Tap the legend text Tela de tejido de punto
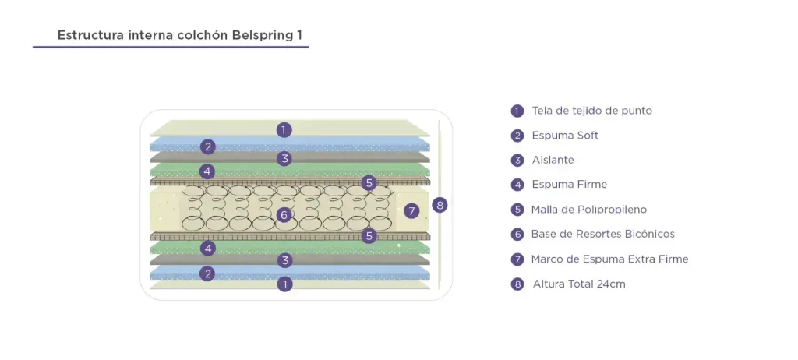tap(591, 111)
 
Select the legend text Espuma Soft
tap(565, 136)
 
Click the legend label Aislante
tap(553, 160)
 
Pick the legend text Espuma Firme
tap(569, 185)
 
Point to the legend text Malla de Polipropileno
tap(588, 210)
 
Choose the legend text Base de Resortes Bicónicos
tap(602, 234)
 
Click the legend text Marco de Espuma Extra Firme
tap(609, 259)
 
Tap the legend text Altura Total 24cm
tap(578, 284)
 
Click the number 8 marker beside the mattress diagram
tap(440, 205)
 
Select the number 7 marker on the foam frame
tap(412, 210)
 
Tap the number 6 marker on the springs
tap(284, 214)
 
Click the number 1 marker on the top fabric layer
tap(284, 130)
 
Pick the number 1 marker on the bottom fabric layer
tap(285, 284)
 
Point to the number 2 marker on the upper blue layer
tap(207, 146)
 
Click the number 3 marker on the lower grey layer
tap(286, 260)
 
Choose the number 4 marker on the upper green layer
tap(207, 171)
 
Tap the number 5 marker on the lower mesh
tap(369, 235)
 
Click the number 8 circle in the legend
tap(517, 284)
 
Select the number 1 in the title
tap(300, 36)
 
